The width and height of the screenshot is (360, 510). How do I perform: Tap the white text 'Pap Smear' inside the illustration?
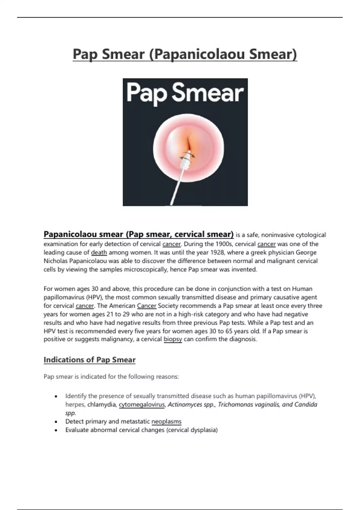tap(185, 93)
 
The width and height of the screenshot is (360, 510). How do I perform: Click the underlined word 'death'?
tap(99, 253)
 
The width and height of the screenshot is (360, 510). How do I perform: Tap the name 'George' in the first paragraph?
tap(306, 253)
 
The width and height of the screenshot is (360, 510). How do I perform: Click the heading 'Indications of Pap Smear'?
tap(89, 360)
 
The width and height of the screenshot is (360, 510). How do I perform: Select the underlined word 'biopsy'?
tap(172, 339)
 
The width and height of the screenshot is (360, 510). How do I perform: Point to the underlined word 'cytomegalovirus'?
tap(142, 405)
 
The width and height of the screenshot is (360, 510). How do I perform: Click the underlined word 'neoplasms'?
tap(166, 421)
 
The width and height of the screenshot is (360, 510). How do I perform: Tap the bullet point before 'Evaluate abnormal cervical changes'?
tap(56, 430)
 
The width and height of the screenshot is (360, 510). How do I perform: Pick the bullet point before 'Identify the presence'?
tap(56, 396)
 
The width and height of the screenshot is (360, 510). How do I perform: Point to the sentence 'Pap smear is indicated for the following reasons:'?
tap(111, 376)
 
